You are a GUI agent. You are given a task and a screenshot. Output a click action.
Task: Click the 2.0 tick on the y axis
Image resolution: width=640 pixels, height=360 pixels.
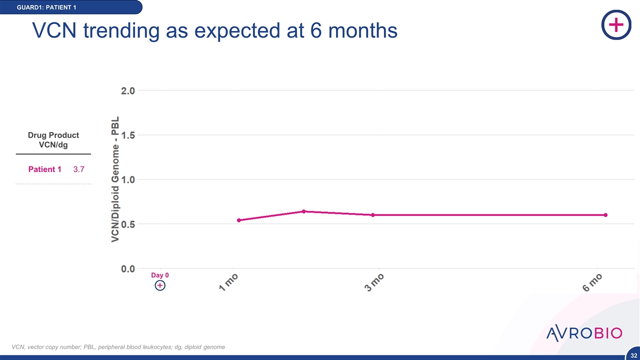[128, 90]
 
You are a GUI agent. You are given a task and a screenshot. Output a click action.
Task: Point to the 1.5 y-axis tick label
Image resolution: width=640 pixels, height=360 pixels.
[128, 135]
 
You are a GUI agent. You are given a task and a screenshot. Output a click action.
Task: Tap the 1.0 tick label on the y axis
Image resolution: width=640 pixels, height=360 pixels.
[128, 179]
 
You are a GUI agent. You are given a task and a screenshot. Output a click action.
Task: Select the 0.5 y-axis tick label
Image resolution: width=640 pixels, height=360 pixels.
[128, 224]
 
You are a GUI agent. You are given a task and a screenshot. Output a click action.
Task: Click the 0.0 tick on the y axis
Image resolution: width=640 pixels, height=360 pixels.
[128, 268]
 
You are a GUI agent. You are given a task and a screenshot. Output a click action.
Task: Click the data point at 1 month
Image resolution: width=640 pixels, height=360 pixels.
[239, 220]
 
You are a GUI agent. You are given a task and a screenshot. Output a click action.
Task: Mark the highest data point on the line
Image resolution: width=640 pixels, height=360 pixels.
[303, 211]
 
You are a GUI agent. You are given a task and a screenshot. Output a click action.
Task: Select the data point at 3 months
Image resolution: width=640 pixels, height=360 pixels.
[372, 215]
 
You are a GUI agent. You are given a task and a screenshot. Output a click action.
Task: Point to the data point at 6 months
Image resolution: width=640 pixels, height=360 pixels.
[605, 215]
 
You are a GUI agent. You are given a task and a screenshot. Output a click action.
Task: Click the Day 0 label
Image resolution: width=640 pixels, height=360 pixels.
[160, 275]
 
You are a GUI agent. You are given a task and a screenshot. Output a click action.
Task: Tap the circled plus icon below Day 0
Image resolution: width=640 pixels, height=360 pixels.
[160, 285]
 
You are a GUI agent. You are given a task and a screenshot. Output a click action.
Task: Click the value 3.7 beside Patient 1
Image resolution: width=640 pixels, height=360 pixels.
[79, 169]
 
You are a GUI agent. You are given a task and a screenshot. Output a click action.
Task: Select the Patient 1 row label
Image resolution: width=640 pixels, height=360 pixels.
[44, 169]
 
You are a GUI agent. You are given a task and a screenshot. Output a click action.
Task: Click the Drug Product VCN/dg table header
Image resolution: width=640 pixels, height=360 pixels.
[53, 140]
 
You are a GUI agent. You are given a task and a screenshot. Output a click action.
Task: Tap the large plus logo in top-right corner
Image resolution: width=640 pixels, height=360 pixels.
[616, 24]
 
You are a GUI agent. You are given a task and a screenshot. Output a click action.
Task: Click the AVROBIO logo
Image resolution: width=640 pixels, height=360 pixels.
[584, 333]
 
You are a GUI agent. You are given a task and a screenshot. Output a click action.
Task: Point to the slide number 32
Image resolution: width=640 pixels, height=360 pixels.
[633, 355]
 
